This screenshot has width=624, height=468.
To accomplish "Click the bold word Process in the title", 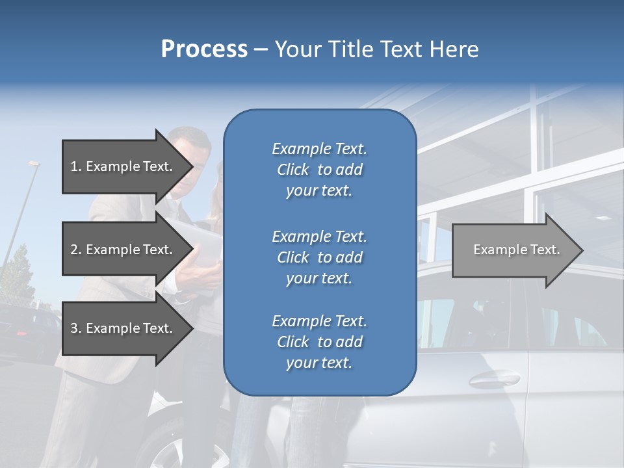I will [x=204, y=49].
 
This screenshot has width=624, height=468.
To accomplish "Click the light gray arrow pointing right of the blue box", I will [x=513, y=250].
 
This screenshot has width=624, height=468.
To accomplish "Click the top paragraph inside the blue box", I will [x=319, y=170].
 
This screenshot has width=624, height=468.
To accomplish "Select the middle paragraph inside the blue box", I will [x=319, y=257].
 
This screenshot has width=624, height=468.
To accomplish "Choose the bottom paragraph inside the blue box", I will [x=319, y=342].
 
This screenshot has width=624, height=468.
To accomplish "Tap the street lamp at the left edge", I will [x=33, y=165].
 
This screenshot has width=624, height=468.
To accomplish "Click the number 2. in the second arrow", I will [x=75, y=250].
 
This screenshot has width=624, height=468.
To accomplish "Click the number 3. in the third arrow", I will [x=75, y=328].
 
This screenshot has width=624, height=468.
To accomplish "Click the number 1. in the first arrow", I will [x=75, y=166].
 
